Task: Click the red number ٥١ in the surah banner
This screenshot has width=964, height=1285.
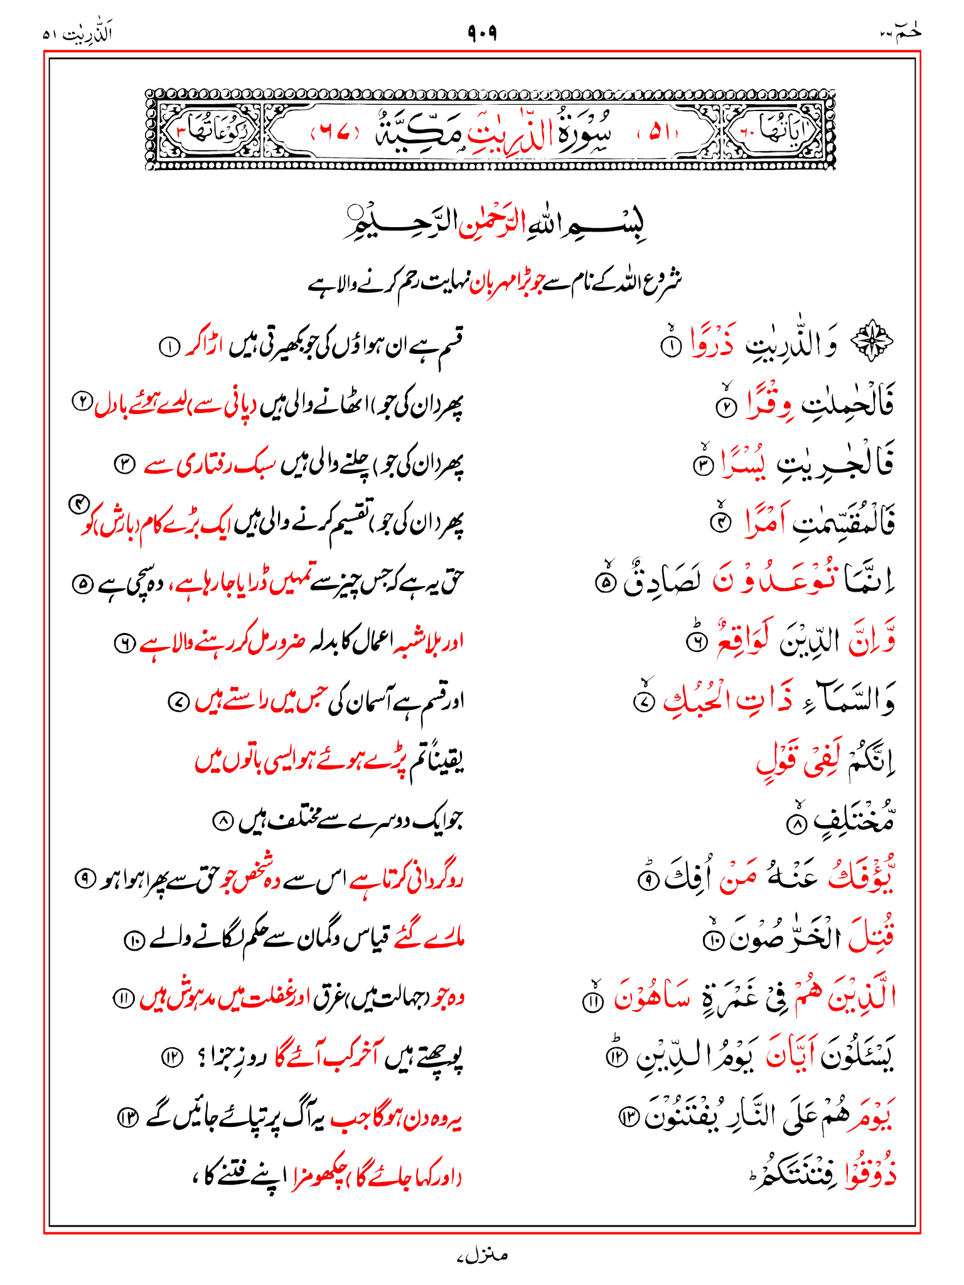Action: coord(659,132)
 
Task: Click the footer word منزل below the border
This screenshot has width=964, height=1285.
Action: coord(482,1256)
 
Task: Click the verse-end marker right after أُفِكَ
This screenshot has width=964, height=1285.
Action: coord(646,880)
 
